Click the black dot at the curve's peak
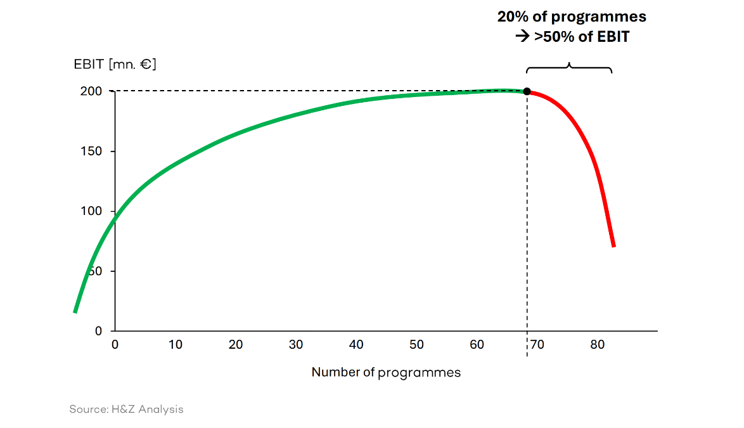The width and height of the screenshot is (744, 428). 527,91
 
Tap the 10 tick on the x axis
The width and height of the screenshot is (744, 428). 176,345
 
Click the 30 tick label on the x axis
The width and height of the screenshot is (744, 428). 296,345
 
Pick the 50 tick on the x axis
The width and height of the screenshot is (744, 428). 416,345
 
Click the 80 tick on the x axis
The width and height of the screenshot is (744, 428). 597,345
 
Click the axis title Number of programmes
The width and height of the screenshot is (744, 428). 386,373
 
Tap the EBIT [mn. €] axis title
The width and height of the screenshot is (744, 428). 115,64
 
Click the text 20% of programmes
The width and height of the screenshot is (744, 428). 572,17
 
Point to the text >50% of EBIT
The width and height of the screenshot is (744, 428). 581,37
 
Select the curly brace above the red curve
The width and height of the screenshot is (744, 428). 568,67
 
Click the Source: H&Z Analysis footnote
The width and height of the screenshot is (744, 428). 126,410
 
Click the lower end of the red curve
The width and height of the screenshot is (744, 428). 613,245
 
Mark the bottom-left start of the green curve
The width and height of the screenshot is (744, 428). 75,311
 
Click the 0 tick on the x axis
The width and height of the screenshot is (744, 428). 115,345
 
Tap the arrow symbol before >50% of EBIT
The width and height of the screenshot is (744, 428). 522,37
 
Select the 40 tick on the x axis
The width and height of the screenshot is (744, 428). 356,345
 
